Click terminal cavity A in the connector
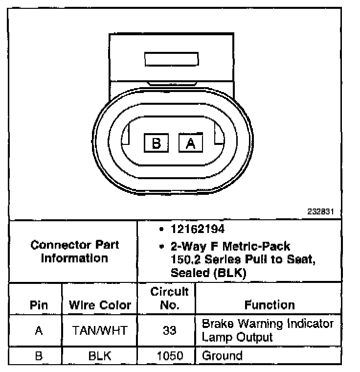click(x=190, y=143)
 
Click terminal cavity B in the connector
click(x=156, y=143)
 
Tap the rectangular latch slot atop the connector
click(x=171, y=60)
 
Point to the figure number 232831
click(x=321, y=212)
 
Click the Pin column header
click(x=39, y=305)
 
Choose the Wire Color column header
click(x=100, y=305)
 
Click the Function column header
click(x=270, y=305)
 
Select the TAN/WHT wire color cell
click(x=100, y=330)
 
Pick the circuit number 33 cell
click(x=169, y=330)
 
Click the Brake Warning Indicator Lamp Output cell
click(x=267, y=330)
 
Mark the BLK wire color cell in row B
click(x=100, y=356)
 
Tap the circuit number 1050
click(x=169, y=356)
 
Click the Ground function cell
click(x=222, y=356)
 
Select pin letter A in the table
click(x=39, y=330)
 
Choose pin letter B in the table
click(x=39, y=356)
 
